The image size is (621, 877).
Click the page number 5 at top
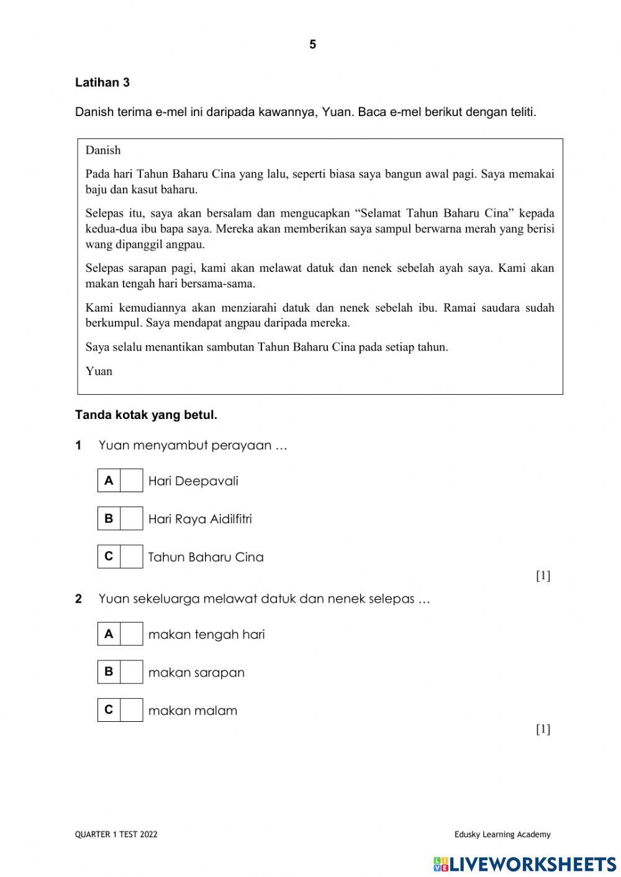point(312,45)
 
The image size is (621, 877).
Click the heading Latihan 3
point(102,83)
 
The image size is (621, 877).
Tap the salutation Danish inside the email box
point(103,150)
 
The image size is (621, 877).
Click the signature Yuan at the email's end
point(99,371)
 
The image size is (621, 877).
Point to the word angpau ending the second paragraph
point(185,245)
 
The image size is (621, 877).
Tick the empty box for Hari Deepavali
point(131,480)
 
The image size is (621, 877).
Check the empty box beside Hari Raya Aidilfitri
point(131,518)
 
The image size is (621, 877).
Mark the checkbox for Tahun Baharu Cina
point(131,557)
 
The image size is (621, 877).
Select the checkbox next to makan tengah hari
point(131,634)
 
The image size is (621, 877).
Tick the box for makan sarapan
point(131,672)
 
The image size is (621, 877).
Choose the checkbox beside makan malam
point(131,710)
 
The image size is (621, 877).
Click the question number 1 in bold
point(78,446)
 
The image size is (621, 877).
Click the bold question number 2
point(78,599)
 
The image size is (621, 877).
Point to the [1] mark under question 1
point(543,575)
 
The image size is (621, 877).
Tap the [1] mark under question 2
point(543,729)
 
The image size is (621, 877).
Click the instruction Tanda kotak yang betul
point(146,415)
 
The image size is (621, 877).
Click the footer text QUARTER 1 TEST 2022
point(116,834)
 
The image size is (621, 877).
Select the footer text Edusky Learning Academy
point(502,834)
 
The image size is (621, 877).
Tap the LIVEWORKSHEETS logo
point(525,864)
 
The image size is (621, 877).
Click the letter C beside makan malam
point(109,710)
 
